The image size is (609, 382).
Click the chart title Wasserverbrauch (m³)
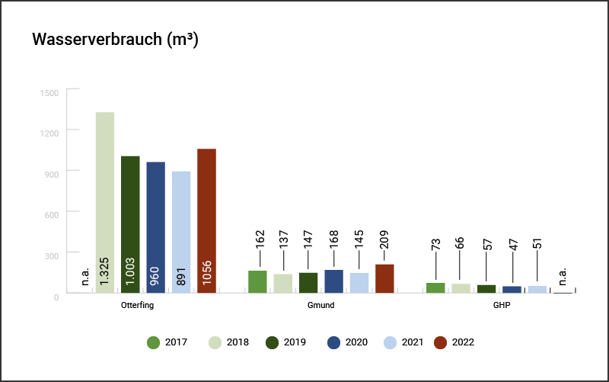click(x=115, y=40)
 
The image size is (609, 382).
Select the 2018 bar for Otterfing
click(x=105, y=202)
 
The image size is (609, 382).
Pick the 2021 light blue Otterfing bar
click(x=181, y=232)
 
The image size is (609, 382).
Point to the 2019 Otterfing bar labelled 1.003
click(x=130, y=224)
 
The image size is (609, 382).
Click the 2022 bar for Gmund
click(x=384, y=279)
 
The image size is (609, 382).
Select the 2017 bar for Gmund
click(x=257, y=281)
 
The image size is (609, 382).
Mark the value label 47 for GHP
click(x=512, y=252)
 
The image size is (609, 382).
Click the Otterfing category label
click(x=139, y=305)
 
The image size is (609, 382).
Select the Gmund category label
click(x=321, y=305)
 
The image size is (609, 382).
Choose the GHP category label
click(x=500, y=305)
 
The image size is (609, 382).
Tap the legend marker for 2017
click(x=153, y=342)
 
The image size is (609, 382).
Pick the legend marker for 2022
click(x=440, y=342)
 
